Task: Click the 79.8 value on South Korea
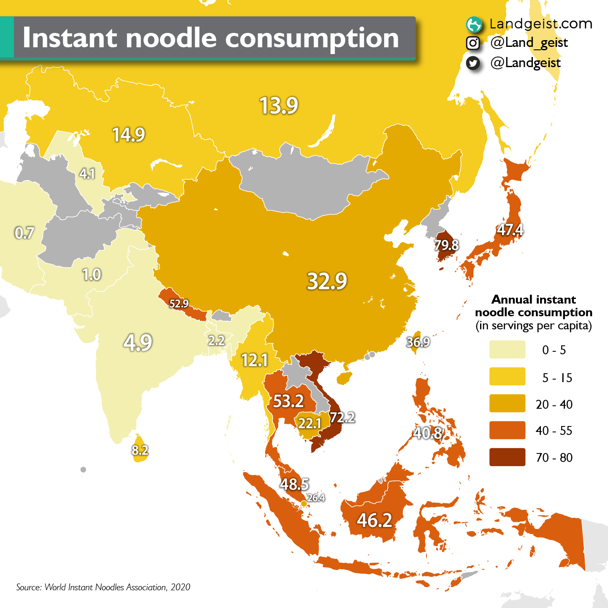click(446, 245)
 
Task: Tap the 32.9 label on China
click(327, 281)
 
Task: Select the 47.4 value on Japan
click(510, 230)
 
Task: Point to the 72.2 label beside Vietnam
click(342, 417)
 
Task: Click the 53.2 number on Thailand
click(288, 401)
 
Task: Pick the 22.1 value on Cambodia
click(309, 423)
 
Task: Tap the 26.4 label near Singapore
click(316, 498)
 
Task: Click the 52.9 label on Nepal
click(179, 303)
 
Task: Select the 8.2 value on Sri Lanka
click(140, 450)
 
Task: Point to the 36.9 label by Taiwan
click(418, 342)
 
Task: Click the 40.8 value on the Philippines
click(428, 433)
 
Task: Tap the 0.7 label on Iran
click(24, 233)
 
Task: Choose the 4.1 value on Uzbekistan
click(87, 174)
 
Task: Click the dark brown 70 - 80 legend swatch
click(507, 457)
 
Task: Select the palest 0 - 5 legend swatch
click(507, 350)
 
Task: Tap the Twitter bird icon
click(473, 63)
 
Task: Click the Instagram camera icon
click(473, 43)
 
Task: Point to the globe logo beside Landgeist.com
click(474, 24)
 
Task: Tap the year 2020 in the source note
click(180, 587)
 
